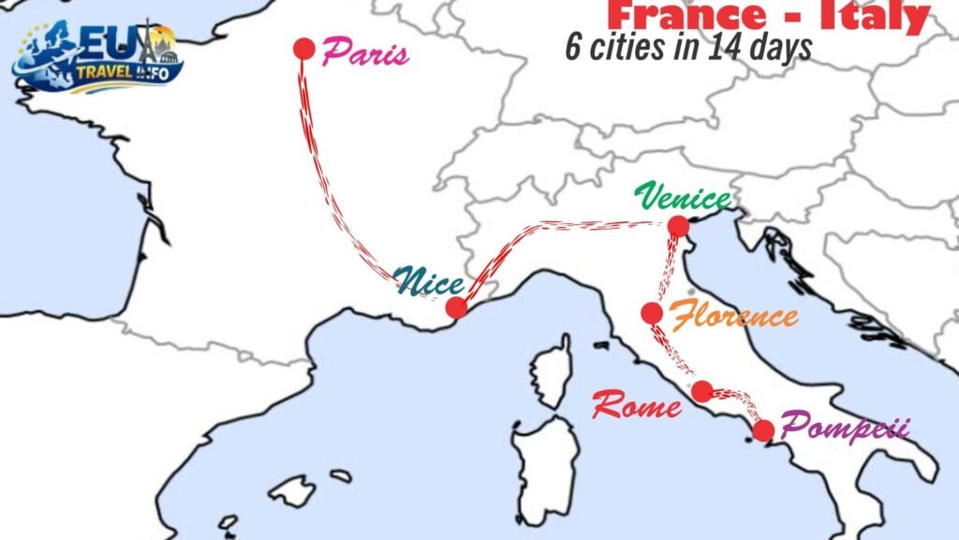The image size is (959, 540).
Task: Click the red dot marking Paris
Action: click(302, 49)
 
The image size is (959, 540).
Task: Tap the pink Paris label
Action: click(365, 53)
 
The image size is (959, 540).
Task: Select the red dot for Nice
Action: click(456, 307)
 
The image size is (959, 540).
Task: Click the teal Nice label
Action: click(428, 279)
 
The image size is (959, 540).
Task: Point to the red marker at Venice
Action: click(678, 226)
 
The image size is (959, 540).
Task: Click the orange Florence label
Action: click(736, 316)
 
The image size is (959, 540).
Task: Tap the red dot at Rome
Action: click(701, 391)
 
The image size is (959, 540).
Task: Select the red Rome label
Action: click(637, 407)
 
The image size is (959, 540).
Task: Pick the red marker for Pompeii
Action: click(763, 430)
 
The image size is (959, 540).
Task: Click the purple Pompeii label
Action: click(845, 428)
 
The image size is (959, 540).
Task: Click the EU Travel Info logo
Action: click(97, 56)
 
